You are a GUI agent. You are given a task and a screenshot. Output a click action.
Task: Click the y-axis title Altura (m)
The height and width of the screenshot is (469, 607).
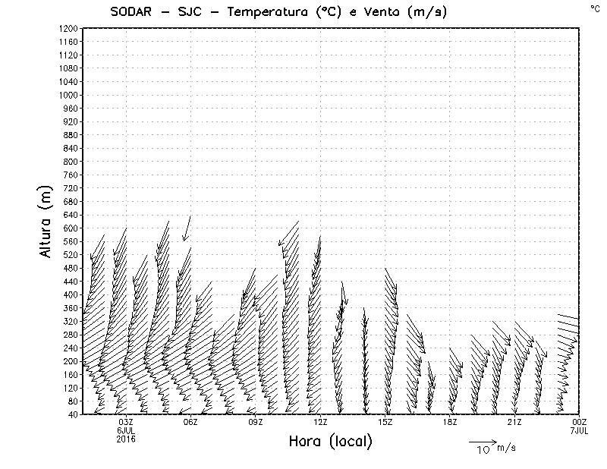pos(47,221)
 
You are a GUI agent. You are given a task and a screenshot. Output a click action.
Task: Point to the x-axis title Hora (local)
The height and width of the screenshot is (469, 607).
pos(331,441)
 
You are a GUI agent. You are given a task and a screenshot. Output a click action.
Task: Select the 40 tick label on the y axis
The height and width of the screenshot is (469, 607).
pos(72,414)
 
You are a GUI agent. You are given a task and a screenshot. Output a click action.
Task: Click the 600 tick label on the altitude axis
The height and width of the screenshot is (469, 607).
pos(70,228)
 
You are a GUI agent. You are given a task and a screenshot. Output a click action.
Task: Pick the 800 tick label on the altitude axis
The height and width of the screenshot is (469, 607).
pos(70,161)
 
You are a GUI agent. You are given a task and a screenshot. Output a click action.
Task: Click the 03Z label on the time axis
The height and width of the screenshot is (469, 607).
pos(126,422)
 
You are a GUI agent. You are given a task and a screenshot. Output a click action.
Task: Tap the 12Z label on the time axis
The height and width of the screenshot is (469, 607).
pos(320,422)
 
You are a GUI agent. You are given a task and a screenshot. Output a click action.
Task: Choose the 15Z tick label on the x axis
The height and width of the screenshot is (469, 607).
pos(385,422)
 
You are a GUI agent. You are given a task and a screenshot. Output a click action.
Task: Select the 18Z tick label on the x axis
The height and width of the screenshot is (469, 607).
pos(450,422)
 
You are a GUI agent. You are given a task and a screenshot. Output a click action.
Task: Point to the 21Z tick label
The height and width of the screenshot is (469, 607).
pos(514,422)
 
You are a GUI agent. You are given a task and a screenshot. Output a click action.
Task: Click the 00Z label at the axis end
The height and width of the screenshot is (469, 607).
pos(579,422)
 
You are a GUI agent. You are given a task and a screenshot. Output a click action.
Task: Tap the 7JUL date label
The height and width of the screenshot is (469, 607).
pos(579,430)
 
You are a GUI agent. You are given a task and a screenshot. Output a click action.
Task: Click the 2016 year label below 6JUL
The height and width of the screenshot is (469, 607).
pos(126,437)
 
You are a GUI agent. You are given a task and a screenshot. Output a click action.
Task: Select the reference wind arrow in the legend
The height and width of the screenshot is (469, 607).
pos(482,441)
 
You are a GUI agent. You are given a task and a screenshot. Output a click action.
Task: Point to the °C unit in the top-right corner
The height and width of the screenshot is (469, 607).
pos(594,8)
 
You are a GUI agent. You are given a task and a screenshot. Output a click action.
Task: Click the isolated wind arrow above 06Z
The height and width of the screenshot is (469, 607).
pos(187,228)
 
